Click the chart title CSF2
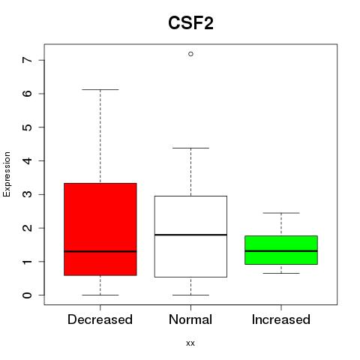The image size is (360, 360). coord(190,23)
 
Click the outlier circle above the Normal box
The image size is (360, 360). coord(190,54)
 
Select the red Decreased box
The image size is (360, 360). coord(100,229)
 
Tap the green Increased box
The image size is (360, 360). coord(281,250)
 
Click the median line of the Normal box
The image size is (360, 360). coord(190,235)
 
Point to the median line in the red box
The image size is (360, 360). coord(100,251)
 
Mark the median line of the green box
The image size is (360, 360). coord(281,250)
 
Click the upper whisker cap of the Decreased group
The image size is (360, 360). coord(100,89)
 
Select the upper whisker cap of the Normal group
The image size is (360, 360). coord(190,148)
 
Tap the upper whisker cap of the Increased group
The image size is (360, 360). coord(281,213)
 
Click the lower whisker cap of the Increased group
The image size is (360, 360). coord(281,273)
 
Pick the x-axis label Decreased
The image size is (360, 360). coord(100,319)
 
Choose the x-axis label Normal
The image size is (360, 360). coord(190,319)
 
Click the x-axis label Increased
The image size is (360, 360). coord(281,319)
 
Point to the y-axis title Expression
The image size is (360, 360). coord(7,174)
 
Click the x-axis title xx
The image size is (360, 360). coord(190,343)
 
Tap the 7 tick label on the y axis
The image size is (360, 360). coord(27,60)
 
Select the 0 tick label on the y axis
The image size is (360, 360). coord(27,295)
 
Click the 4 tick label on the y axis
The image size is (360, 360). coord(27,160)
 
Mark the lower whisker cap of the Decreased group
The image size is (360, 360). coord(100,295)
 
